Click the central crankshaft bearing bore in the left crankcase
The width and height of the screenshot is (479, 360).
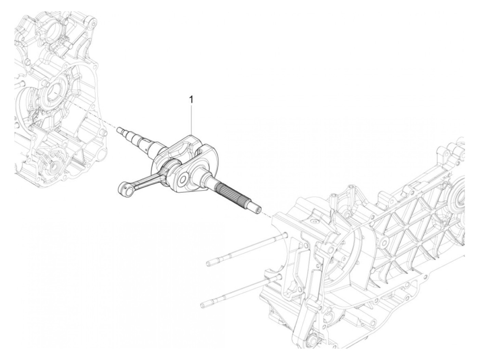coord(53,91)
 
